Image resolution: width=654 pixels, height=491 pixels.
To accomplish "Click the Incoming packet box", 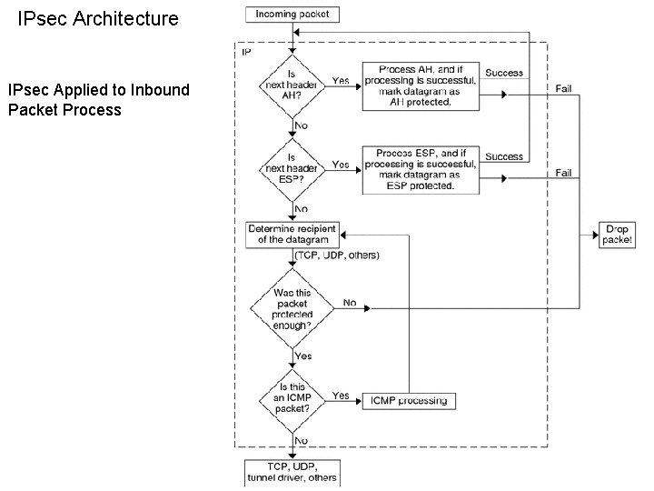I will tap(292, 14).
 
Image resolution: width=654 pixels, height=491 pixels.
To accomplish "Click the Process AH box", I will tap(420, 86).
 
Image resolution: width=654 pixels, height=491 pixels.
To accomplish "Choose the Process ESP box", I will tap(420, 170).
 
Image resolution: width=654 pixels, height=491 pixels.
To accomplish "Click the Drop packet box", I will tap(618, 235).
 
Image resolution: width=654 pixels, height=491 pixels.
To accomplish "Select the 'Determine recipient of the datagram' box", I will tap(292, 234).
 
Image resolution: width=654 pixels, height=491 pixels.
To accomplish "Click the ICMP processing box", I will tap(408, 400).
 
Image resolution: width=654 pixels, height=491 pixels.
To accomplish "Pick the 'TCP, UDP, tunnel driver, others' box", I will tap(292, 472).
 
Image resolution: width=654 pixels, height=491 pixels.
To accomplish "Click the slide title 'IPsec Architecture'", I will tap(99, 18).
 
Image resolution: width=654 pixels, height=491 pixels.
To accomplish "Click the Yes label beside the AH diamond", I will tap(341, 80).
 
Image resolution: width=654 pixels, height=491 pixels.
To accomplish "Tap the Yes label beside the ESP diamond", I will tap(341, 165).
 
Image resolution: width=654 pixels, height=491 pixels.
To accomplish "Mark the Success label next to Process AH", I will tap(503, 73).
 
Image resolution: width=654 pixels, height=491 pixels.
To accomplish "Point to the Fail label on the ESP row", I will tap(564, 173).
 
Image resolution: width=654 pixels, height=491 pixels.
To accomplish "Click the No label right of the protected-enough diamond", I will tap(350, 302).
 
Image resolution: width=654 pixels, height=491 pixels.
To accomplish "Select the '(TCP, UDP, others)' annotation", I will tap(338, 256).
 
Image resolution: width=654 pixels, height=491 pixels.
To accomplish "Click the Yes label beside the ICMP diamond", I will tap(341, 396).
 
